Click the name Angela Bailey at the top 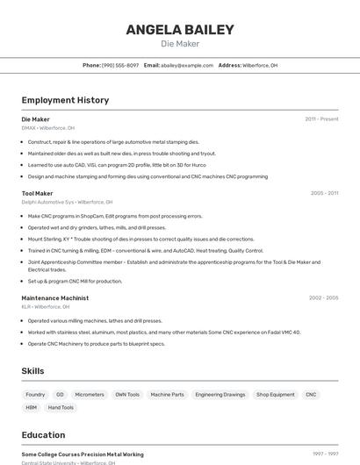[180, 30]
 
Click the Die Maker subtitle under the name [180, 44]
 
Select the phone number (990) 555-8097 [120, 65]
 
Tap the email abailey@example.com [187, 65]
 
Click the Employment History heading [65, 100]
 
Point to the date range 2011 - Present [321, 118]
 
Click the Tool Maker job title [37, 193]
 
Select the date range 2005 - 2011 [324, 193]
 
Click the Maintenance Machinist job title [54, 297]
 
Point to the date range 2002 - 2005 [323, 297]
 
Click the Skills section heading [32, 371]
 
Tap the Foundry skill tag [35, 395]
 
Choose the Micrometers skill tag [90, 395]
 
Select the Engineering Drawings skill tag [220, 395]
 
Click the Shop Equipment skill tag [276, 395]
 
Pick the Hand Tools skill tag [61, 407]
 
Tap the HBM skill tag [32, 407]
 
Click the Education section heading [43, 434]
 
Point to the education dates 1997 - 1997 [325, 454]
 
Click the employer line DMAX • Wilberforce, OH [47, 128]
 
